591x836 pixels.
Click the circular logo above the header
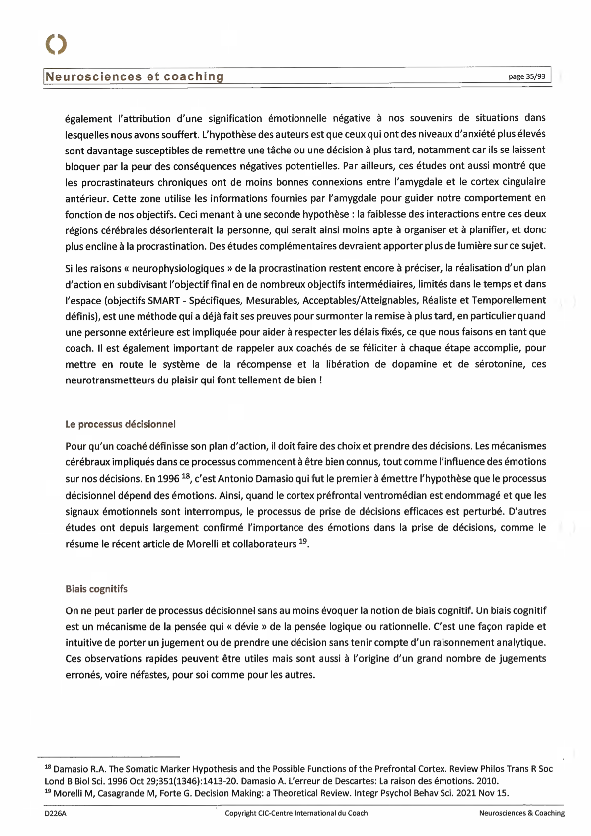(56, 44)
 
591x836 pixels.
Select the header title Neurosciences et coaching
(135, 76)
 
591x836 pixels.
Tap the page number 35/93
(527, 76)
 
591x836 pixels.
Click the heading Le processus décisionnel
(121, 424)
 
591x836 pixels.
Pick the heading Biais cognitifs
(96, 589)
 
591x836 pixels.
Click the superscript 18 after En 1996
(186, 476)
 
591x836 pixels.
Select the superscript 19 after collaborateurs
(303, 541)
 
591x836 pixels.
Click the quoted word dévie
(246, 626)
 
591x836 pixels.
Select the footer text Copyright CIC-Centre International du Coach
(296, 813)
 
